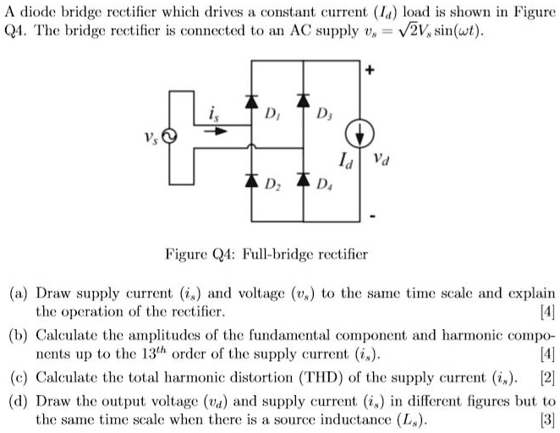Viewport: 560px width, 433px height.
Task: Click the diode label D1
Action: point(271,112)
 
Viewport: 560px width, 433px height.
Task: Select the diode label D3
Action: point(322,113)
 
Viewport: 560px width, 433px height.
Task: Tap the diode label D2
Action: point(271,185)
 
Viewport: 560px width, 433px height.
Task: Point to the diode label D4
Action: point(322,185)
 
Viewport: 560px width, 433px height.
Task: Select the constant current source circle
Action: point(359,136)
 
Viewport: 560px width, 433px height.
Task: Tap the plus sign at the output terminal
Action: point(370,72)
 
